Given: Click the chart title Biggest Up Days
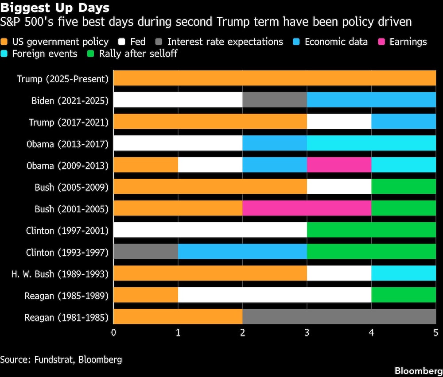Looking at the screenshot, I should [x=55, y=8].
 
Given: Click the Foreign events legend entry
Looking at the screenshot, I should [x=44, y=54].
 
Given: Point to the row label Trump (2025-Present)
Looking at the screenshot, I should [x=62, y=79].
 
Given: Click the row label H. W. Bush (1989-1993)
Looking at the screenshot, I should [x=60, y=274].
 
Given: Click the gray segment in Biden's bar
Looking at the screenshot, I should [x=275, y=100].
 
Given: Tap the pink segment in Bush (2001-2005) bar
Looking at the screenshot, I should [x=307, y=208].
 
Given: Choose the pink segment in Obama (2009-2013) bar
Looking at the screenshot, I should [x=339, y=165].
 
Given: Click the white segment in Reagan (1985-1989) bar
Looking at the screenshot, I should [x=275, y=295].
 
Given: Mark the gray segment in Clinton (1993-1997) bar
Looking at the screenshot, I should [x=146, y=252].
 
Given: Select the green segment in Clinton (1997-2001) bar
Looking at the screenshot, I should [x=371, y=230].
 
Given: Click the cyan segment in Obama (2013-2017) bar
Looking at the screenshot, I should [x=371, y=143].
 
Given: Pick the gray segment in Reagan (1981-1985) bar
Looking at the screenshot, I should [x=339, y=317].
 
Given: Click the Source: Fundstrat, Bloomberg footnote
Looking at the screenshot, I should [x=61, y=359].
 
